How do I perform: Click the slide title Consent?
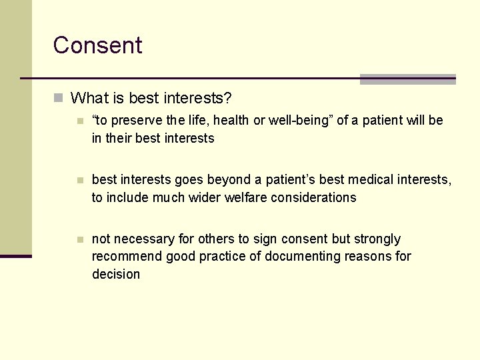click(x=97, y=45)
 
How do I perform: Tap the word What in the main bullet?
click(x=88, y=99)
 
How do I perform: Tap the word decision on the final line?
click(x=116, y=274)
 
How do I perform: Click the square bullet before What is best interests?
click(x=59, y=99)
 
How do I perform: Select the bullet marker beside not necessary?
click(x=80, y=239)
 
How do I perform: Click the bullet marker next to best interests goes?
click(x=80, y=181)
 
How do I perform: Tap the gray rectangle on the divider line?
click(x=407, y=79)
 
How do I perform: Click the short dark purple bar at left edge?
click(x=16, y=256)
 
